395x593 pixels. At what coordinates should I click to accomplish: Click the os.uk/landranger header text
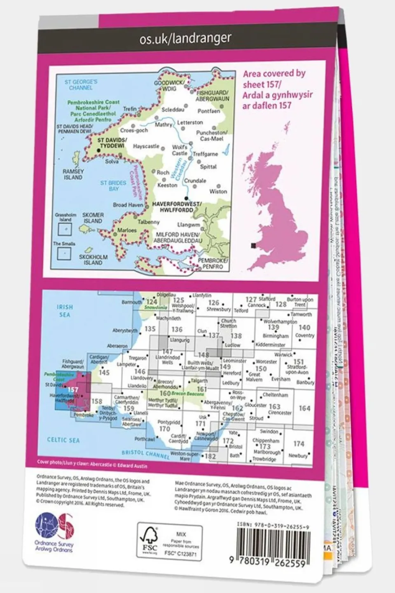[x=185, y=39]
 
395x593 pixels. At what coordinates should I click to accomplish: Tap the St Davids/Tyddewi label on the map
[x=112, y=143]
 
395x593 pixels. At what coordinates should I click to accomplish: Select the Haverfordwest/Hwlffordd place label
[x=177, y=206]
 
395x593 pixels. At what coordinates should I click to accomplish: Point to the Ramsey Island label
[x=73, y=174]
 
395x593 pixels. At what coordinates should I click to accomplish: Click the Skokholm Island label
[x=93, y=259]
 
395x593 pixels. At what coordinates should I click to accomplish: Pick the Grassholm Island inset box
[x=65, y=229]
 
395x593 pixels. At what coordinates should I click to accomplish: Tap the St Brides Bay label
[x=113, y=185]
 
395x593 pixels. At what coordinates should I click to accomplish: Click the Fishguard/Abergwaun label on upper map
[x=212, y=96]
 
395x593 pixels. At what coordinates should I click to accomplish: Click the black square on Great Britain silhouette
[x=253, y=246]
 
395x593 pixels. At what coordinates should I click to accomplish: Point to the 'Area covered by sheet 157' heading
[x=277, y=89]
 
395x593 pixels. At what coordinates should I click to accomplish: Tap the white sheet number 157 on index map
[x=73, y=389]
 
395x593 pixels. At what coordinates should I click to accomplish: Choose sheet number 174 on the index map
[x=299, y=444]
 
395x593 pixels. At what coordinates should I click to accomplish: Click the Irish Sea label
[x=65, y=311]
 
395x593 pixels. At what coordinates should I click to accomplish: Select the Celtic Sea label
[x=63, y=440]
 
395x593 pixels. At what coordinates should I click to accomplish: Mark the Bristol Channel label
[x=145, y=454]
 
